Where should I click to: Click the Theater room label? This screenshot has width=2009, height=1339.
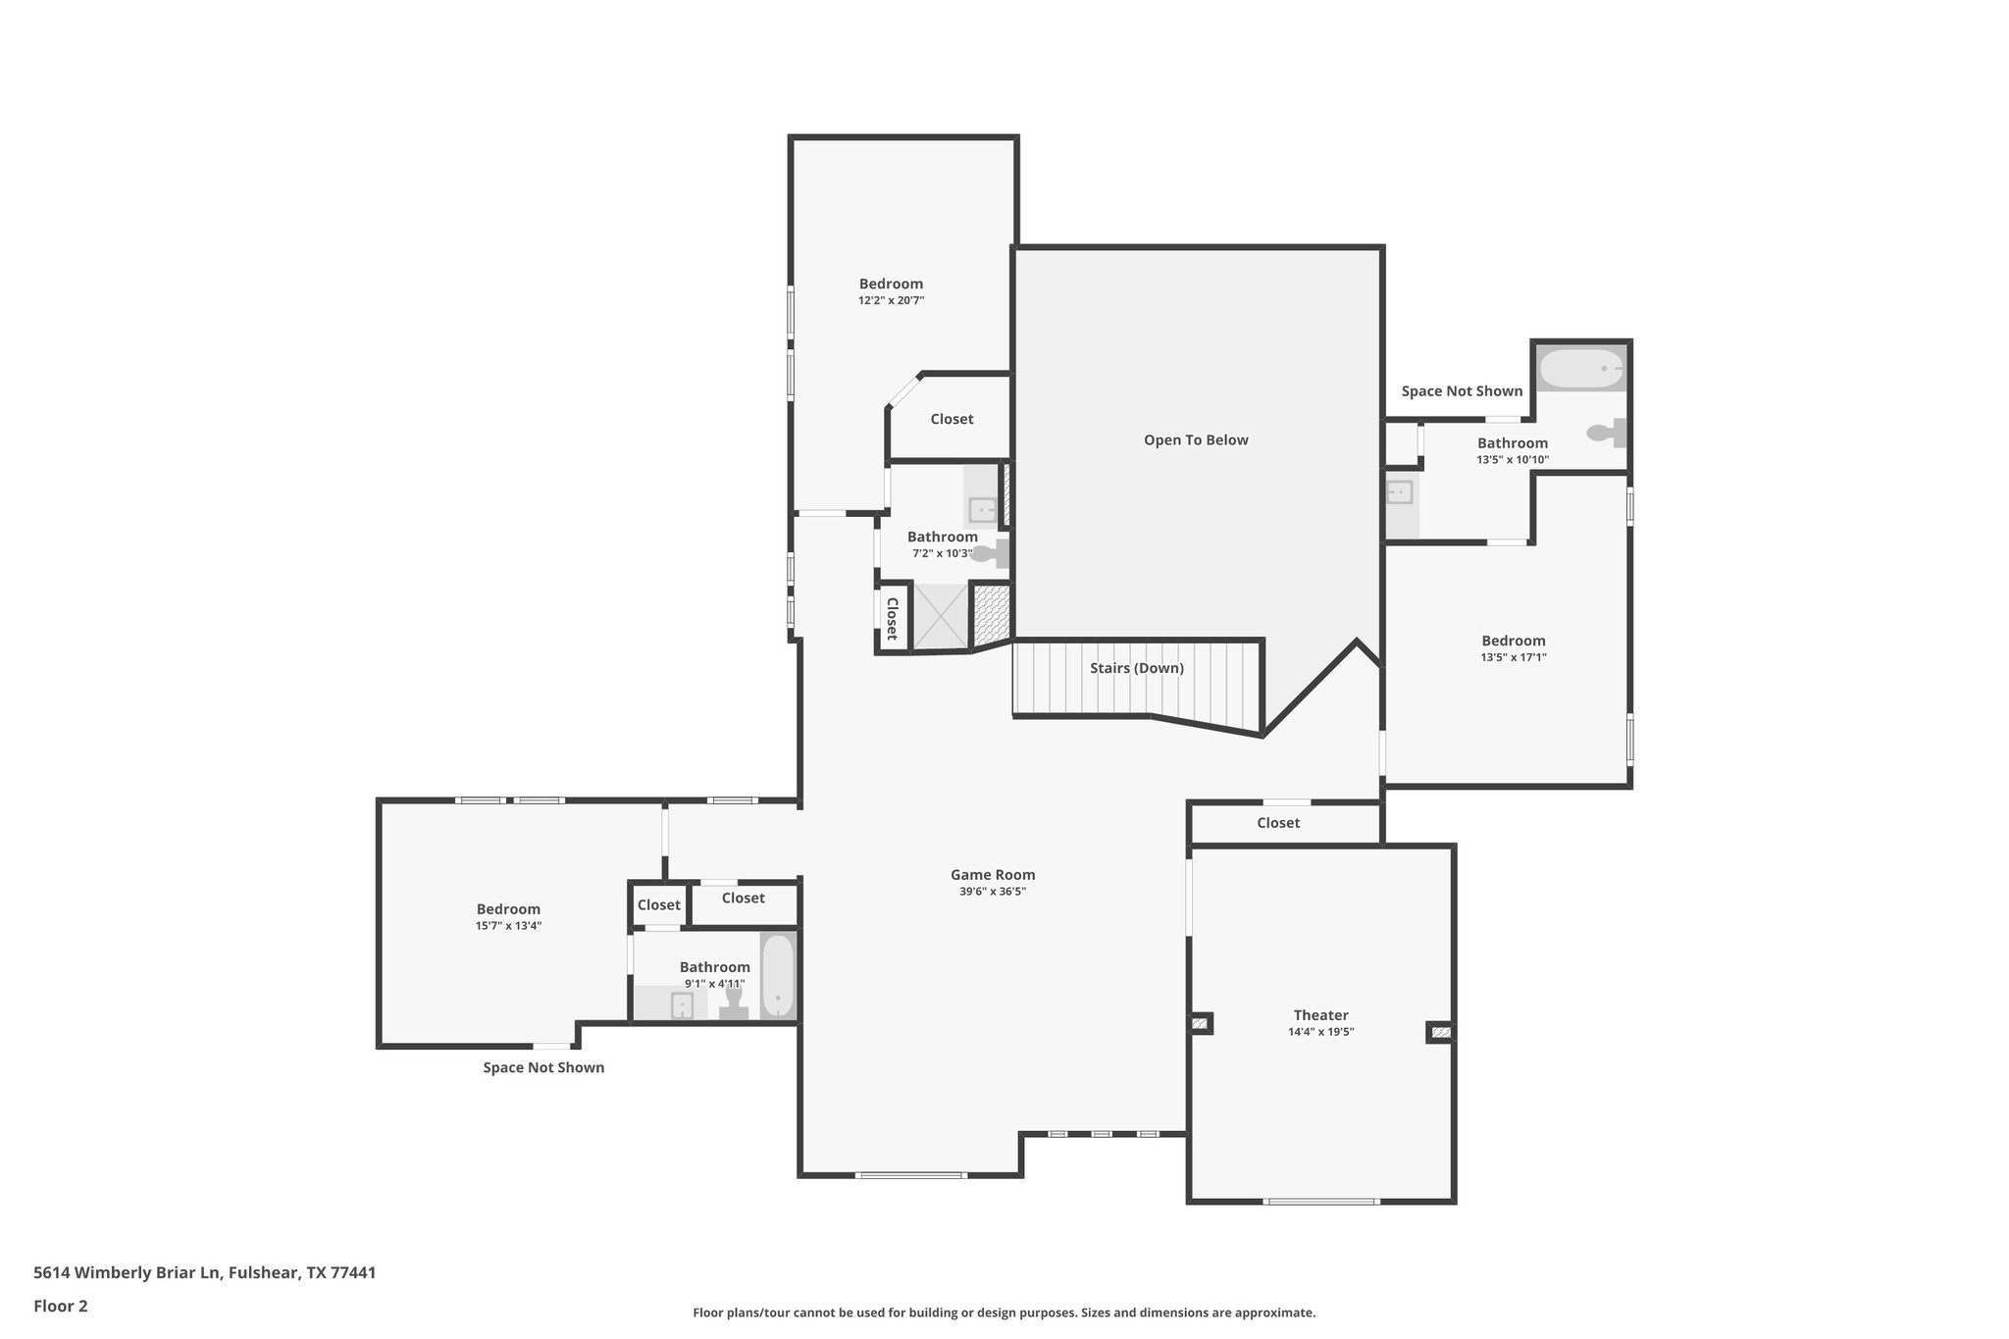click(1320, 1015)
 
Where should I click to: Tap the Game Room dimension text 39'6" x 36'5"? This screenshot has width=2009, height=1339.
click(993, 892)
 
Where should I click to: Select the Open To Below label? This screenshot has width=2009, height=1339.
click(1196, 440)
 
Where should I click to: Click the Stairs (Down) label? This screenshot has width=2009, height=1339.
click(1137, 668)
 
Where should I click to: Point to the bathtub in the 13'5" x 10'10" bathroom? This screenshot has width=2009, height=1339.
click(1580, 369)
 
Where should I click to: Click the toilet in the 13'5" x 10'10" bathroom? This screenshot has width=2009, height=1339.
click(1605, 432)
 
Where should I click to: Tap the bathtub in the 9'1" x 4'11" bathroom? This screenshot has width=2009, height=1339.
click(777, 977)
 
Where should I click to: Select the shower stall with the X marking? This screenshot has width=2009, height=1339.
click(940, 616)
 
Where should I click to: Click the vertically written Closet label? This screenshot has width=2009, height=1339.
click(893, 619)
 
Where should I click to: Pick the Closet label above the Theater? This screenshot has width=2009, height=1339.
click(1278, 823)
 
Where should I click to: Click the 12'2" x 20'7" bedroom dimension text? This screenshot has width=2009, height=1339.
click(891, 301)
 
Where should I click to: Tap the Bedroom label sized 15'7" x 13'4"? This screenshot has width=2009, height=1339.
click(508, 909)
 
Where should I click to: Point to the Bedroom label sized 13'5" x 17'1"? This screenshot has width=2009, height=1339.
click(1513, 641)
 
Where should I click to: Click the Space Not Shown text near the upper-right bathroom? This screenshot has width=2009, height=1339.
click(1462, 391)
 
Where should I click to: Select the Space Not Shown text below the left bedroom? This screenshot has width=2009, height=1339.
click(543, 1067)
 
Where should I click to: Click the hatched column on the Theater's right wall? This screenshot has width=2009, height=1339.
click(1440, 1032)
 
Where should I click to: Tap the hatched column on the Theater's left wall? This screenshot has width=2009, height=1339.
click(1200, 1023)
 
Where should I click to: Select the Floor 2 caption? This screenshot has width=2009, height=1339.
click(61, 1306)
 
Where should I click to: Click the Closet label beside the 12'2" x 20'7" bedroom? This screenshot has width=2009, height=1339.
click(952, 419)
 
